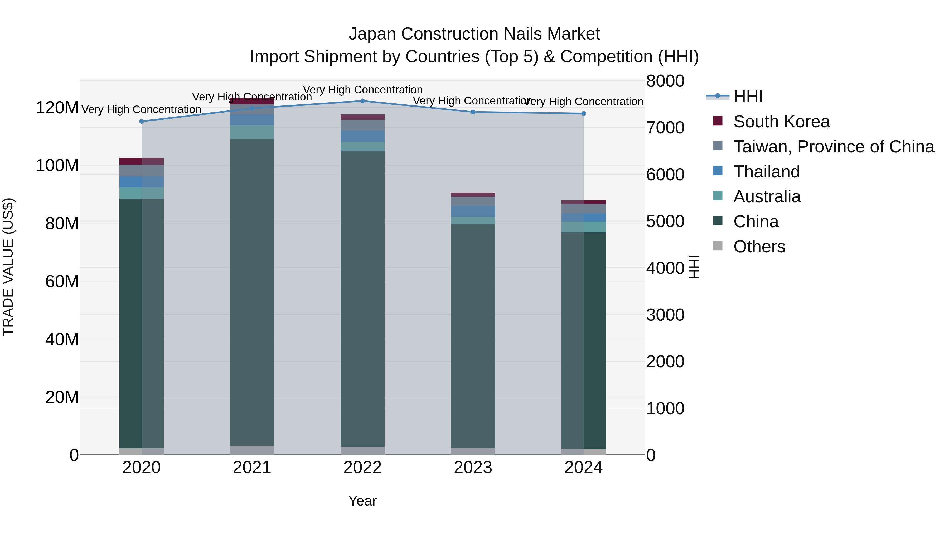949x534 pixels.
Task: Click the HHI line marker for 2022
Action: click(362, 101)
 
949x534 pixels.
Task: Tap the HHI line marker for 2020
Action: click(142, 121)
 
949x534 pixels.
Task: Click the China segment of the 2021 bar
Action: click(252, 291)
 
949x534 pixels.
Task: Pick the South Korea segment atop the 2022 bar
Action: click(362, 117)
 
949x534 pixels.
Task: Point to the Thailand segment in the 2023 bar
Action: click(473, 211)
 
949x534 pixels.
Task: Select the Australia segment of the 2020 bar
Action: click(142, 193)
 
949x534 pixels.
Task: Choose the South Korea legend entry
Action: click(781, 122)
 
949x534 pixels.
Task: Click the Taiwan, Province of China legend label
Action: click(833, 147)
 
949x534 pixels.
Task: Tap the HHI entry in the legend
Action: click(748, 97)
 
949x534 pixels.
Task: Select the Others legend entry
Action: click(759, 247)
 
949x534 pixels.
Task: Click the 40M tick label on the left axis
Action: click(61, 339)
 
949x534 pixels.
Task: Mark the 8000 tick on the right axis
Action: click(665, 81)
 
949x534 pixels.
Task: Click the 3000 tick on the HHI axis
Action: click(665, 315)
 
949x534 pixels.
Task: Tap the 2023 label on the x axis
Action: click(473, 468)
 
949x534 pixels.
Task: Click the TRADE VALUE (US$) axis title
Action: click(8, 267)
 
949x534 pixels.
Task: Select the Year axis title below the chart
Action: click(362, 501)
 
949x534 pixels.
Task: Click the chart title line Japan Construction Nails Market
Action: click(474, 34)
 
